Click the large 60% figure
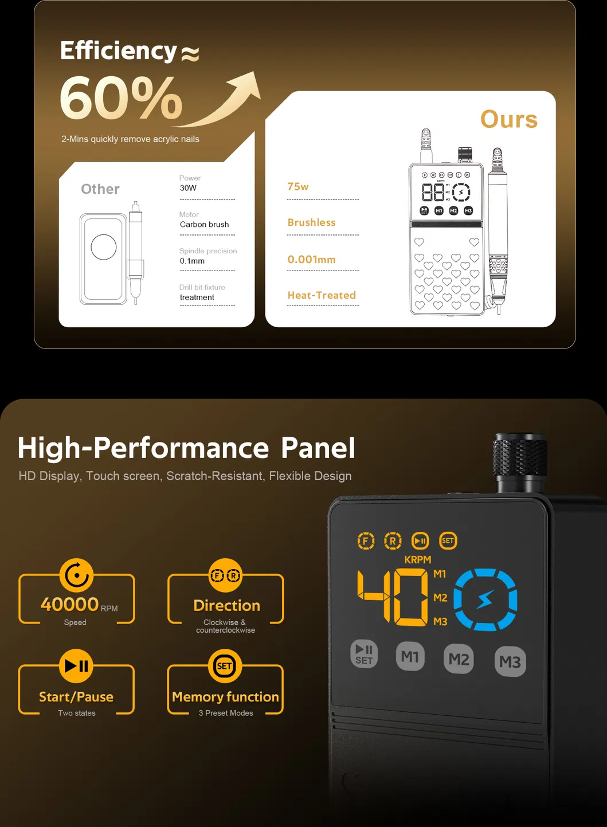point(121,97)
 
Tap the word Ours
point(509,119)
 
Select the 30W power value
point(188,188)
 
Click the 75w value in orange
point(297,187)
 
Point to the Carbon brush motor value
point(204,225)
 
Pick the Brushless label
point(311,222)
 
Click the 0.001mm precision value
point(311,260)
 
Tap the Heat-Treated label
point(322,295)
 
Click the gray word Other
point(100,189)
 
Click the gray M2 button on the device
point(459,659)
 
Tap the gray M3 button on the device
point(510,661)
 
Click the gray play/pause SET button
point(364,654)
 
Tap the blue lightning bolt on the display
point(485,599)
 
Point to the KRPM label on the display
point(418,560)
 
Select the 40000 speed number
point(69,605)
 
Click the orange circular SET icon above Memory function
point(225,666)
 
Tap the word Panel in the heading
point(318,448)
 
